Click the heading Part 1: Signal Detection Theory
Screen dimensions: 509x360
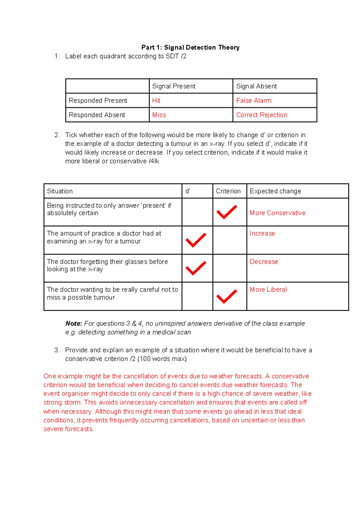click(190, 47)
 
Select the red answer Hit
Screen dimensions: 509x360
click(156, 101)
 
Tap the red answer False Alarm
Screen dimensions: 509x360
click(253, 101)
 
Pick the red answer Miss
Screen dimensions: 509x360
click(159, 115)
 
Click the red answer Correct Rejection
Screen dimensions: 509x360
click(262, 115)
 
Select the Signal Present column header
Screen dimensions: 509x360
click(174, 86)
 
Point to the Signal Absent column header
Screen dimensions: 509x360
click(256, 86)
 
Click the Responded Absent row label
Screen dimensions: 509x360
click(97, 115)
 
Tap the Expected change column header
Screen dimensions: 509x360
click(275, 191)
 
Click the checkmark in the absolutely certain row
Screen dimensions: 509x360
click(226, 212)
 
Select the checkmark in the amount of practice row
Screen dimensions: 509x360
click(196, 240)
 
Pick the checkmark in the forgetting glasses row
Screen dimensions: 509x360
click(196, 268)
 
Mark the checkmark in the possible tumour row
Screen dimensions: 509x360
click(226, 296)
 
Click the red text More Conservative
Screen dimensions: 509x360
click(277, 213)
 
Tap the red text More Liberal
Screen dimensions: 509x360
click(268, 290)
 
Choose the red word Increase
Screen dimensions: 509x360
click(262, 233)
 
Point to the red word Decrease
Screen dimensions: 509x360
click(264, 262)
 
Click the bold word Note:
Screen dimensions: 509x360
click(73, 324)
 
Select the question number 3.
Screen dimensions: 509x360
click(56, 350)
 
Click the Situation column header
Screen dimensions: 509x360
click(60, 191)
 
